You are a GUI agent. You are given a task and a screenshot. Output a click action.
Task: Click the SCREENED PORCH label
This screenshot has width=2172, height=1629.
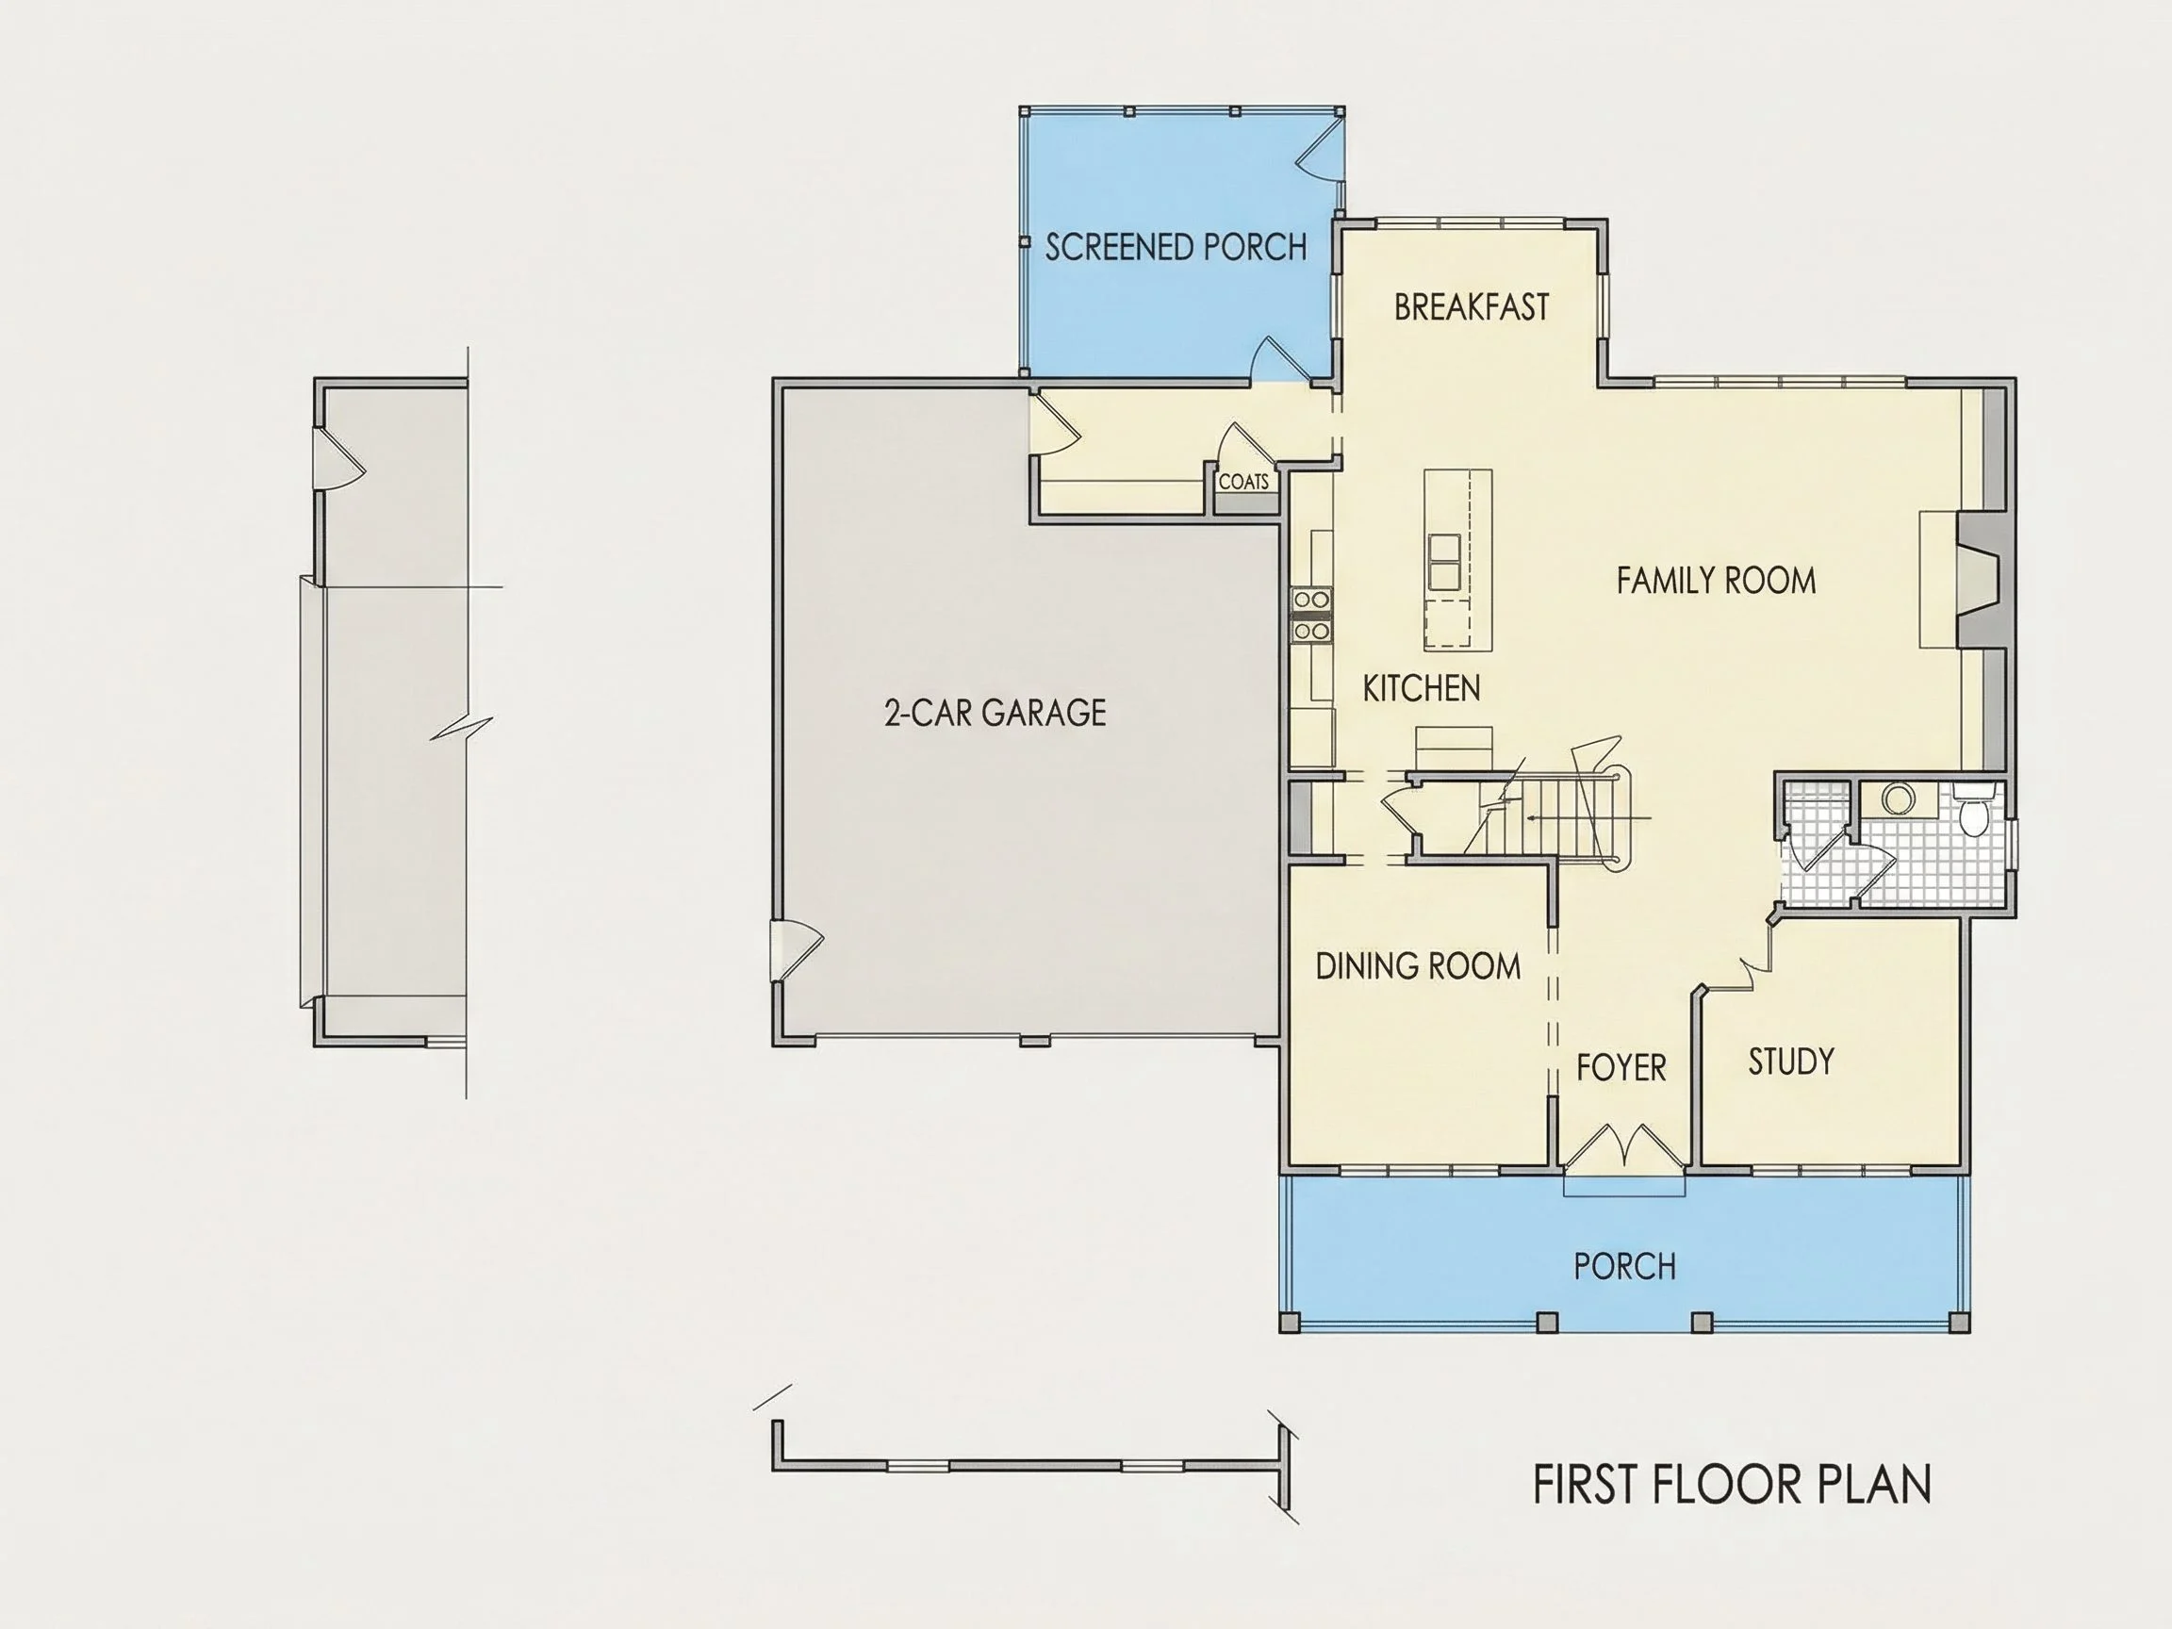coord(1176,246)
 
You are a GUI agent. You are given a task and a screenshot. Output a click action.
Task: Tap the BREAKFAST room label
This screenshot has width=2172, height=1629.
coord(1471,307)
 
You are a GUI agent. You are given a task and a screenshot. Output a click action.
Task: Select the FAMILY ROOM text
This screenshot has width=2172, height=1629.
coord(1716,581)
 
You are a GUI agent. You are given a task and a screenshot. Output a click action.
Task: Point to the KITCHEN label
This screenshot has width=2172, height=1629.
coord(1421,688)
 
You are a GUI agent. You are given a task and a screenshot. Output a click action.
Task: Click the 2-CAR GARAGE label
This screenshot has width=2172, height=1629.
coord(995,712)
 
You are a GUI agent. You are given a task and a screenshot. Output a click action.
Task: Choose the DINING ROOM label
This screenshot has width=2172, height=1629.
coord(1418,966)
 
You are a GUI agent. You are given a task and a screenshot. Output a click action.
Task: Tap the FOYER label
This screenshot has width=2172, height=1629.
coord(1621,1067)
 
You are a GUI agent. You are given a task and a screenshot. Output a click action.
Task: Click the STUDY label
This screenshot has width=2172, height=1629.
coord(1791,1061)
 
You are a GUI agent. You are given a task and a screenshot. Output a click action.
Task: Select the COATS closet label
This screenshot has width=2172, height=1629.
coord(1243,482)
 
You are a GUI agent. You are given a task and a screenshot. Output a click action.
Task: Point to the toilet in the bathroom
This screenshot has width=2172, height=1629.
coord(1972,810)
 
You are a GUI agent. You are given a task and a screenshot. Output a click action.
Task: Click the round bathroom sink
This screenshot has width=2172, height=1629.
coord(1897,798)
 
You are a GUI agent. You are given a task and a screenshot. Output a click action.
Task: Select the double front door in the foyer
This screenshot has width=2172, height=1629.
coord(1625,1146)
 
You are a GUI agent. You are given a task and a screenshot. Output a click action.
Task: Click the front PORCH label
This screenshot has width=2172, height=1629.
coord(1624,1267)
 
